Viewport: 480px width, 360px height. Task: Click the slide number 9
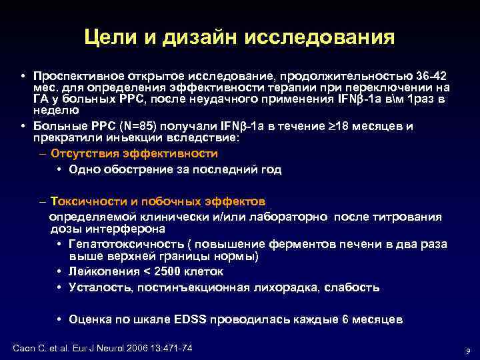468,351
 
